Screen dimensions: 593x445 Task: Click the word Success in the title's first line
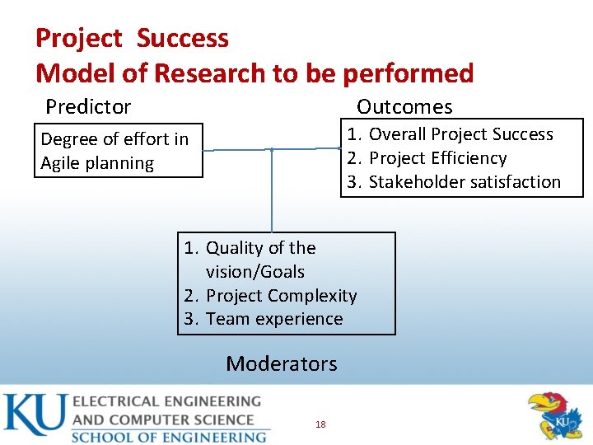pyautogui.click(x=183, y=38)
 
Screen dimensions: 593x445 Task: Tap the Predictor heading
pyautogui.click(x=88, y=106)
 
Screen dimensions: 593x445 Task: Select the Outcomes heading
pyautogui.click(x=404, y=106)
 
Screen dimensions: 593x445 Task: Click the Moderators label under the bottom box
pyautogui.click(x=282, y=363)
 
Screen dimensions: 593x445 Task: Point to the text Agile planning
pyautogui.click(x=97, y=163)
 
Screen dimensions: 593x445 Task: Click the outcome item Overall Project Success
pyautogui.click(x=460, y=134)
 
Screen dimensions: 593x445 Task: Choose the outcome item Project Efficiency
pyautogui.click(x=437, y=158)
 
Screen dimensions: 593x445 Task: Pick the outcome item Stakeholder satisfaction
pyautogui.click(x=465, y=182)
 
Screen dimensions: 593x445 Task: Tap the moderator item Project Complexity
pyautogui.click(x=281, y=295)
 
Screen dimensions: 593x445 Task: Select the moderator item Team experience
pyautogui.click(x=274, y=319)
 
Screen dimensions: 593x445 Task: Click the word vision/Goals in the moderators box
pyautogui.click(x=255, y=271)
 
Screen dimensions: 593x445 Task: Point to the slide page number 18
pyautogui.click(x=320, y=424)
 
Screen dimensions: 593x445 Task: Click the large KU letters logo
pyautogui.click(x=34, y=416)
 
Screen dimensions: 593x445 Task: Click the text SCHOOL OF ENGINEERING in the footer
pyautogui.click(x=169, y=436)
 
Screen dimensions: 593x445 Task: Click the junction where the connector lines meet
pyautogui.click(x=272, y=149)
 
